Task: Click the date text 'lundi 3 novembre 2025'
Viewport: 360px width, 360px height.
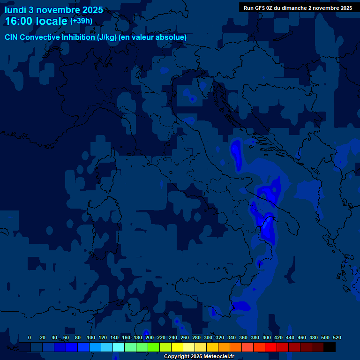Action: click(x=53, y=10)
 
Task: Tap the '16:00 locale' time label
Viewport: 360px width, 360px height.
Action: click(x=36, y=21)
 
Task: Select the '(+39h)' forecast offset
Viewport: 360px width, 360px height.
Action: click(x=81, y=21)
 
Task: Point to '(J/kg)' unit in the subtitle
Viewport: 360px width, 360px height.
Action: click(x=107, y=37)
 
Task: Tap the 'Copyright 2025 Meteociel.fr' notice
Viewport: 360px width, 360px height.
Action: click(x=198, y=357)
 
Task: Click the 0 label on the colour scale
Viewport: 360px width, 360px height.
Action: click(x=30, y=337)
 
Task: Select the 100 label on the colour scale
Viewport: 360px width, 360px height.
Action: click(x=90, y=337)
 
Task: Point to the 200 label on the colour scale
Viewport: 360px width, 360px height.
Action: click(x=149, y=337)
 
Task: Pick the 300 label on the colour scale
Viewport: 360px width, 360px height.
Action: click(x=208, y=337)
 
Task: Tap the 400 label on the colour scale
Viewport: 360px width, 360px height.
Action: click(x=266, y=337)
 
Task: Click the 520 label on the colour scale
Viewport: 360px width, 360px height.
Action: click(x=337, y=337)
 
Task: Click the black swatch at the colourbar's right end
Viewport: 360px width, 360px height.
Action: click(x=330, y=347)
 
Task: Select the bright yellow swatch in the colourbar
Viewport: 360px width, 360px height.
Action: click(x=177, y=347)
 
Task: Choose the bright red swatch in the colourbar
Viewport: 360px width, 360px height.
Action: click(x=271, y=347)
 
